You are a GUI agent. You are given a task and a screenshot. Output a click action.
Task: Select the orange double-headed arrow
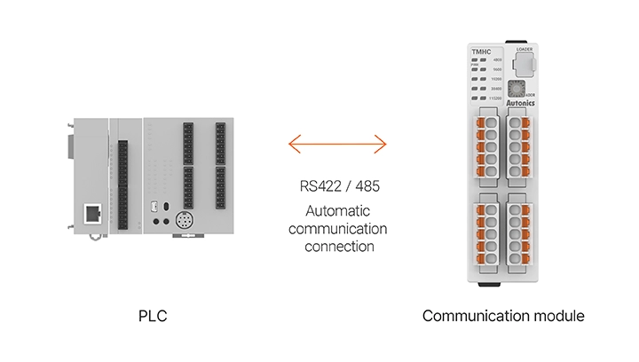(x=337, y=142)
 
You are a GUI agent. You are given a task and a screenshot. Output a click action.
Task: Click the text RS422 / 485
(x=337, y=187)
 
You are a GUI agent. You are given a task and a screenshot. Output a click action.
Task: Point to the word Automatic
(x=337, y=212)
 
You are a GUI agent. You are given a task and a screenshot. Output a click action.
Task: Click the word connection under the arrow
(x=337, y=246)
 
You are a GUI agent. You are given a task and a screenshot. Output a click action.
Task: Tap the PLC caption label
(x=153, y=316)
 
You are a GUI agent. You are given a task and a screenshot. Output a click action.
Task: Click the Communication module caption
(x=503, y=316)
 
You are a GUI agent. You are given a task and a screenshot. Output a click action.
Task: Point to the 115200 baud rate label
(x=497, y=98)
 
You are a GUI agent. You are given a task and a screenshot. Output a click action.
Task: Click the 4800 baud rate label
(x=497, y=59)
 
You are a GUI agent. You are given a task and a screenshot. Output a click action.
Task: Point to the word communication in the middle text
(x=337, y=229)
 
